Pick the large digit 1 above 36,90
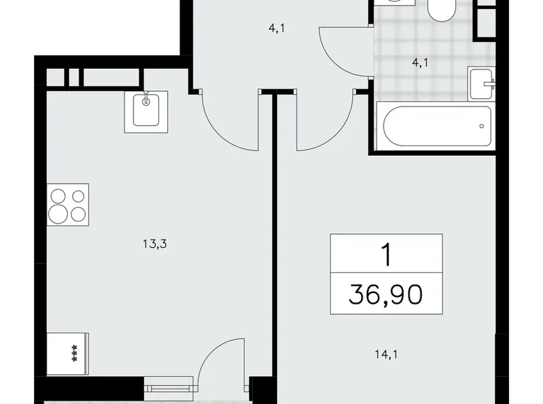coord(385,255)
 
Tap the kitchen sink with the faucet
coord(148,111)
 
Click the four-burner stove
coord(68,205)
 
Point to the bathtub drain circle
coord(481,126)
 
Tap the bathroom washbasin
coord(482,85)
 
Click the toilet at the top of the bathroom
coord(441,10)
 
